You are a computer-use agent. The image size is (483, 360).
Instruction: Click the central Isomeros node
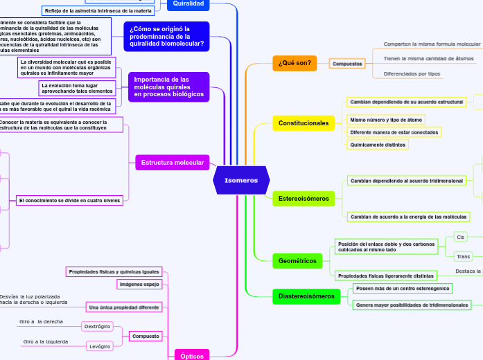point(240,180)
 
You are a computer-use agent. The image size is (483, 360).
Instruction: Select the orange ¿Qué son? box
point(295,63)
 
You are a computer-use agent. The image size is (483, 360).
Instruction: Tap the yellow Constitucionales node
point(304,123)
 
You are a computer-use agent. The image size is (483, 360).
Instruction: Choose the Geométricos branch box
point(297,261)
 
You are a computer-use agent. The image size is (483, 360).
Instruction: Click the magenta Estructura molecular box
point(173,162)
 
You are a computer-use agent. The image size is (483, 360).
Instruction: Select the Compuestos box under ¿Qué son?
point(347,64)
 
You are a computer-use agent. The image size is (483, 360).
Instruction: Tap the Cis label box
point(460,237)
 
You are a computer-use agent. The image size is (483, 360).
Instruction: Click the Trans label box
point(463,256)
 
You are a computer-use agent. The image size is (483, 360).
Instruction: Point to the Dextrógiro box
point(97,326)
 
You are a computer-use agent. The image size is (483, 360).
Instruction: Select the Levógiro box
point(99,346)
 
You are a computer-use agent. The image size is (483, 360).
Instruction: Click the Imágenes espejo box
point(139,284)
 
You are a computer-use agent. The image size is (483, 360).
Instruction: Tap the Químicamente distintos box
point(378,145)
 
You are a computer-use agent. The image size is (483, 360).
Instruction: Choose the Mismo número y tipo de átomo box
point(386,120)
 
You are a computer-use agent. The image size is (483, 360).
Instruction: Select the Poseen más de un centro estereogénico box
point(402,288)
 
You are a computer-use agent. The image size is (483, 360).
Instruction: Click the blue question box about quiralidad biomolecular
point(167,36)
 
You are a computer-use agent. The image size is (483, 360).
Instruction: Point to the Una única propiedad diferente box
point(124,307)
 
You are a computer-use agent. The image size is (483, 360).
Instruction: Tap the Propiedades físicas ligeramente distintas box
point(385,276)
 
